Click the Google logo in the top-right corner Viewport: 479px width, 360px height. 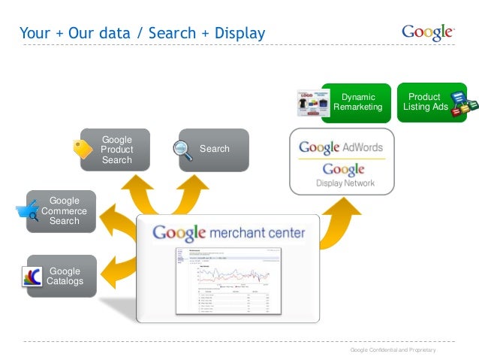click(x=428, y=32)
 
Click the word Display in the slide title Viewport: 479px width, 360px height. click(x=241, y=33)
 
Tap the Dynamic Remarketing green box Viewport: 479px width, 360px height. click(x=358, y=102)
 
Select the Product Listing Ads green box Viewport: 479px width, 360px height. click(x=425, y=102)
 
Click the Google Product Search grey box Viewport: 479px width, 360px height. click(x=117, y=150)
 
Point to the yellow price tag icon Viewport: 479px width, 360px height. click(x=82, y=149)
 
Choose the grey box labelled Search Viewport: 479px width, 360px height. click(x=214, y=150)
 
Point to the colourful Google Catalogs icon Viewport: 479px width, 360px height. click(x=32, y=277)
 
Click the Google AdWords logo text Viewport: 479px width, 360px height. click(x=341, y=147)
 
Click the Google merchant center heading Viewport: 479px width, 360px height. click(x=228, y=233)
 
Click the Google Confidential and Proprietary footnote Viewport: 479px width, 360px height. click(x=393, y=351)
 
